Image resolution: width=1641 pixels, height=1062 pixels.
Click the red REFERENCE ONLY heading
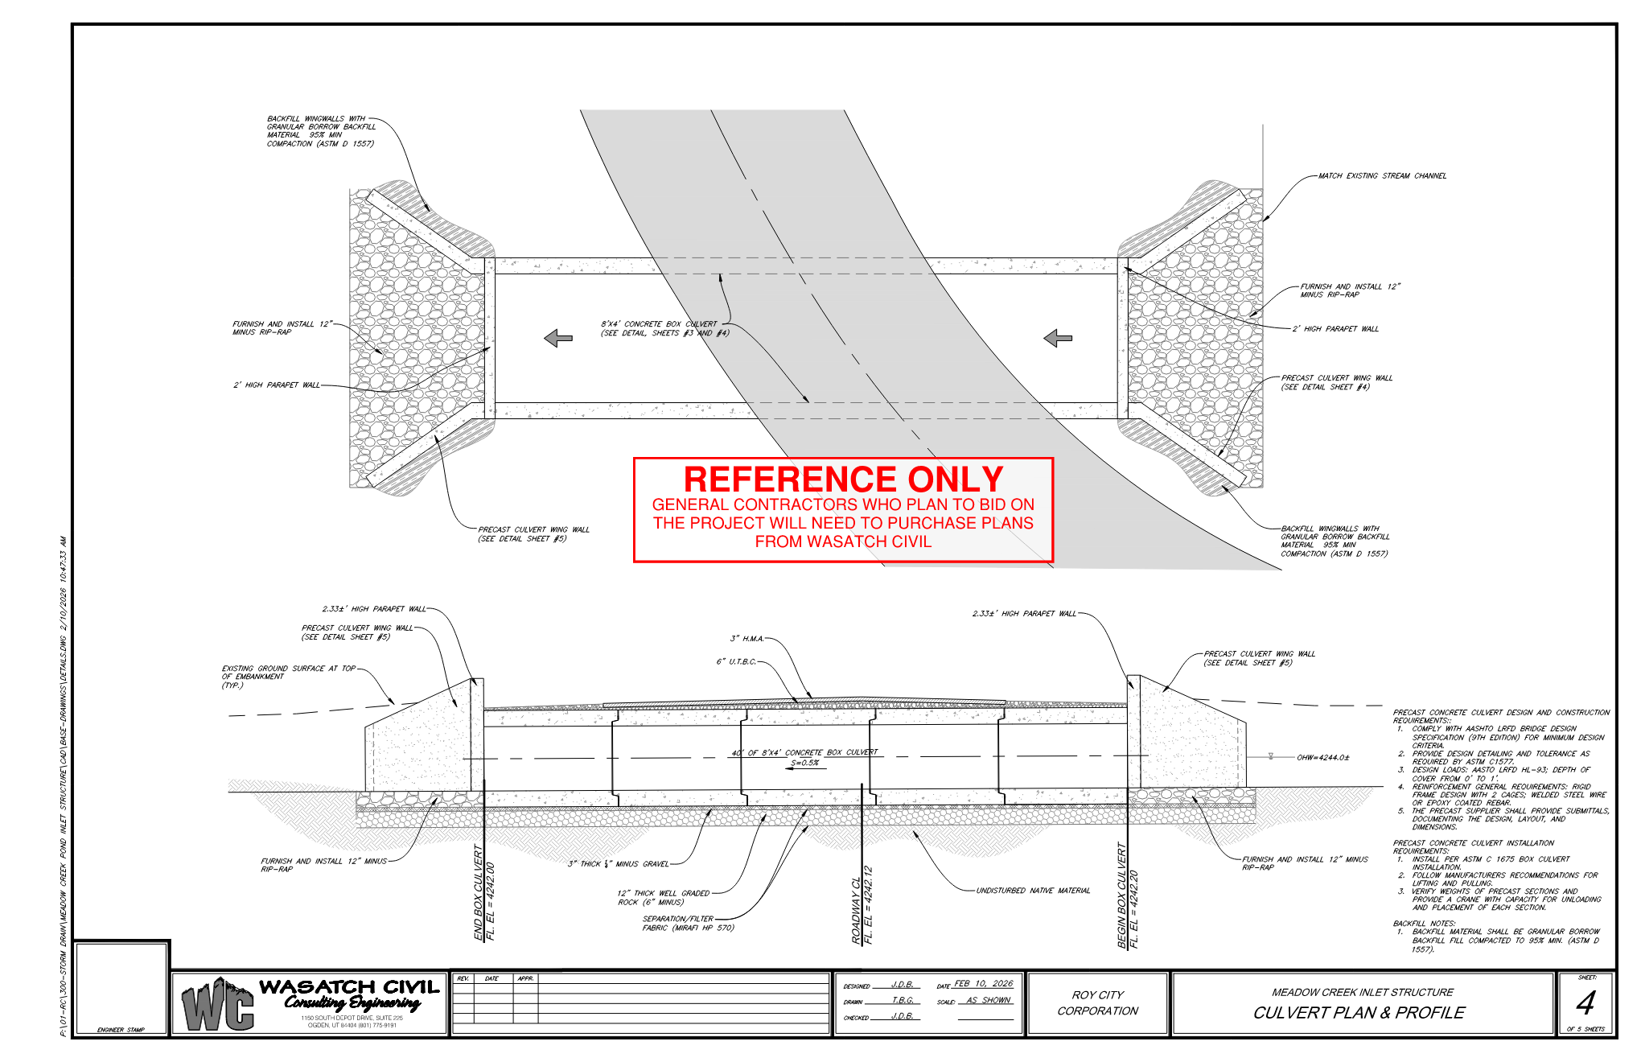coord(843,480)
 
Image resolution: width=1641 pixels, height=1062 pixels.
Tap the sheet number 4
coord(1585,1003)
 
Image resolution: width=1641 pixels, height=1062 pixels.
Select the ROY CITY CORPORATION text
coord(1097,1003)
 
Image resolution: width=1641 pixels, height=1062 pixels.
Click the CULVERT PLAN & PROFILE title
coord(1359,1013)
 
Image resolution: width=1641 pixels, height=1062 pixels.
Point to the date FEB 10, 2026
coord(983,984)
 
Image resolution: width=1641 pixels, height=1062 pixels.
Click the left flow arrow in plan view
coord(558,338)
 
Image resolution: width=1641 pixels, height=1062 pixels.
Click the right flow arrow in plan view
coord(1057,338)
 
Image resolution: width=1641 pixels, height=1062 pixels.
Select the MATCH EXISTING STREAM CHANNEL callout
coord(1382,175)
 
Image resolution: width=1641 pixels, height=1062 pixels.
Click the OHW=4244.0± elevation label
coord(1323,757)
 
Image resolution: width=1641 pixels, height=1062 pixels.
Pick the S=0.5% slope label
coord(804,763)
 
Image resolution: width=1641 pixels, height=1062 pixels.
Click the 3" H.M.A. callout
coord(746,639)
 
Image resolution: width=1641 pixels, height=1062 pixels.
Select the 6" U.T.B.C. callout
coord(736,662)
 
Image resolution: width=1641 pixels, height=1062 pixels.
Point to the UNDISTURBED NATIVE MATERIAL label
coord(1033,891)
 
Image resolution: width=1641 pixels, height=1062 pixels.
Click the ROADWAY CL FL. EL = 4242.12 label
coord(862,905)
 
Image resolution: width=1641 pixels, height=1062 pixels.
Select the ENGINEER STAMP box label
coord(121,1030)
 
